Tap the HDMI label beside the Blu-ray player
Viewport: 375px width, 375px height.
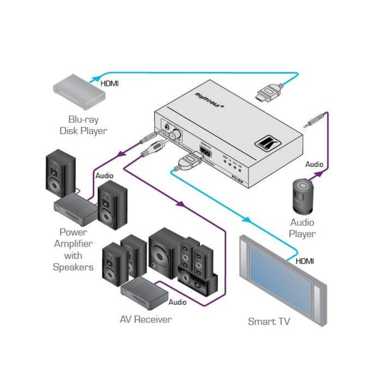click(x=110, y=84)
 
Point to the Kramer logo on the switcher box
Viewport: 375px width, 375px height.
click(x=266, y=144)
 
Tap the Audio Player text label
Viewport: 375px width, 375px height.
click(x=302, y=228)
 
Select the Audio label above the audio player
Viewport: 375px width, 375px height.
click(x=314, y=164)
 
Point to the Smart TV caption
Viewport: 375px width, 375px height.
click(x=269, y=321)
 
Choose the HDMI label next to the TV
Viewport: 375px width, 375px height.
click(x=305, y=261)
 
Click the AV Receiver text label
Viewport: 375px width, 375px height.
click(x=146, y=320)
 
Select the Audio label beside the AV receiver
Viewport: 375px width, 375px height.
click(x=177, y=302)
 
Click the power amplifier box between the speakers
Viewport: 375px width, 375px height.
click(x=75, y=209)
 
